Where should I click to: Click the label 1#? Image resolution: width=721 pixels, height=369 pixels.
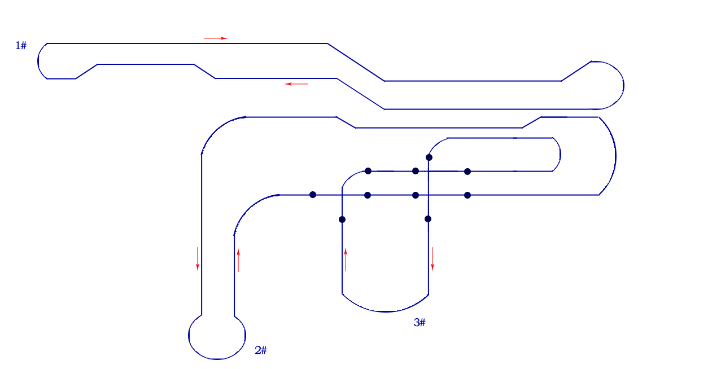tap(21, 46)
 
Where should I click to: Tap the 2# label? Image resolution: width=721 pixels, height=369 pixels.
tap(261, 350)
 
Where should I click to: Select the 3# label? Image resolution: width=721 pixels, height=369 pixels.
tap(420, 322)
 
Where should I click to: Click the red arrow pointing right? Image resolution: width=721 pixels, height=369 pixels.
tap(215, 38)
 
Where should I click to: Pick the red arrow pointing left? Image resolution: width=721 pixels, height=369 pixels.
tap(296, 84)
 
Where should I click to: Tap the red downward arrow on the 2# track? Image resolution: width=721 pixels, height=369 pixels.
tap(197, 258)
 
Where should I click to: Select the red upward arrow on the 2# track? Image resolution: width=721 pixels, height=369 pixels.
tap(238, 260)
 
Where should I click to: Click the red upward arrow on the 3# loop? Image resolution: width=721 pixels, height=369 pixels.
tap(346, 260)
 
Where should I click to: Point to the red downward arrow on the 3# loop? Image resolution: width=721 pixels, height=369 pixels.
tap(432, 258)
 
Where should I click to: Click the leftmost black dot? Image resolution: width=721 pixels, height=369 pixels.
tap(313, 195)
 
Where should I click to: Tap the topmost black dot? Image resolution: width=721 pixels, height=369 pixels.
tap(429, 157)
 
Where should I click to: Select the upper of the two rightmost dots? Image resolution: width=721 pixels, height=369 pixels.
tap(467, 172)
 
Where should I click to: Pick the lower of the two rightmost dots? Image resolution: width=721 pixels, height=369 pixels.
tap(467, 195)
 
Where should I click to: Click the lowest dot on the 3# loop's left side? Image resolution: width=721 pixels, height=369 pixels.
tap(342, 219)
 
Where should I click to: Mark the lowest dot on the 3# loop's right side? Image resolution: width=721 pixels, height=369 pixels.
tap(428, 219)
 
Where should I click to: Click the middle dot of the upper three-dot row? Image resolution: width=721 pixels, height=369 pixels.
tap(416, 171)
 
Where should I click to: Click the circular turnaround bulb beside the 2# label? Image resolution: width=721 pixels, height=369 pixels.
tap(189, 336)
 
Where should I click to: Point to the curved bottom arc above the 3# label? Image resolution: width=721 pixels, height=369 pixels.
tap(385, 311)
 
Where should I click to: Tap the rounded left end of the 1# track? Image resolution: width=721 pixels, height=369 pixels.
tap(38, 61)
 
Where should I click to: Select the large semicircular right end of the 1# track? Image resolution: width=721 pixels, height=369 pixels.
tap(623, 85)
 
